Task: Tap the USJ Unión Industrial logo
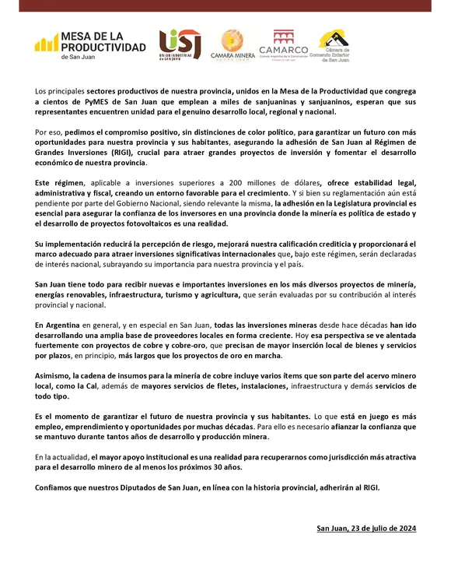pyautogui.click(x=180, y=45)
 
